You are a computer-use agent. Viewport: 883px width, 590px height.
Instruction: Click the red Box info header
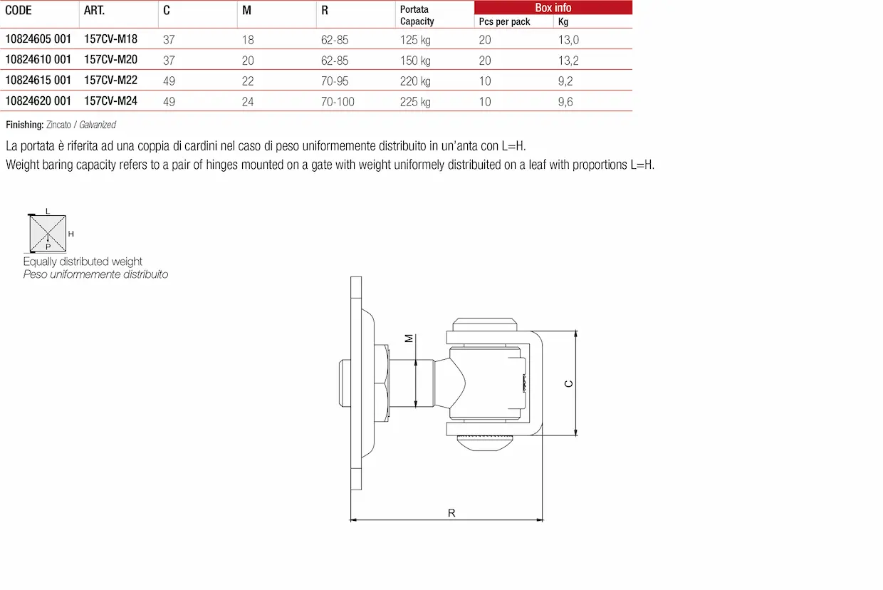(x=553, y=8)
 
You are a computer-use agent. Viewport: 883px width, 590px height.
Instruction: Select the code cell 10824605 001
(x=38, y=39)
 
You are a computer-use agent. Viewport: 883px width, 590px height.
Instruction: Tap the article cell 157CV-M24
(x=111, y=101)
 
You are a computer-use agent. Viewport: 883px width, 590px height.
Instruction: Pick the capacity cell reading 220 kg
(x=415, y=81)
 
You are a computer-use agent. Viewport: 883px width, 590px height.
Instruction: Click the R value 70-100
(x=338, y=102)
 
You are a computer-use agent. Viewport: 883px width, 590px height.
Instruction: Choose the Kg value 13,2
(x=568, y=61)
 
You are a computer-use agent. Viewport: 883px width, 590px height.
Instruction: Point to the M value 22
(x=248, y=81)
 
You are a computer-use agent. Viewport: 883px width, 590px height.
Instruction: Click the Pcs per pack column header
(x=504, y=21)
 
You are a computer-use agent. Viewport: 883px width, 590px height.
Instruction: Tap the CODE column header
(x=18, y=10)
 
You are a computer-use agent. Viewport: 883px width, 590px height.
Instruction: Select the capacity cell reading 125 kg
(x=415, y=40)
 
